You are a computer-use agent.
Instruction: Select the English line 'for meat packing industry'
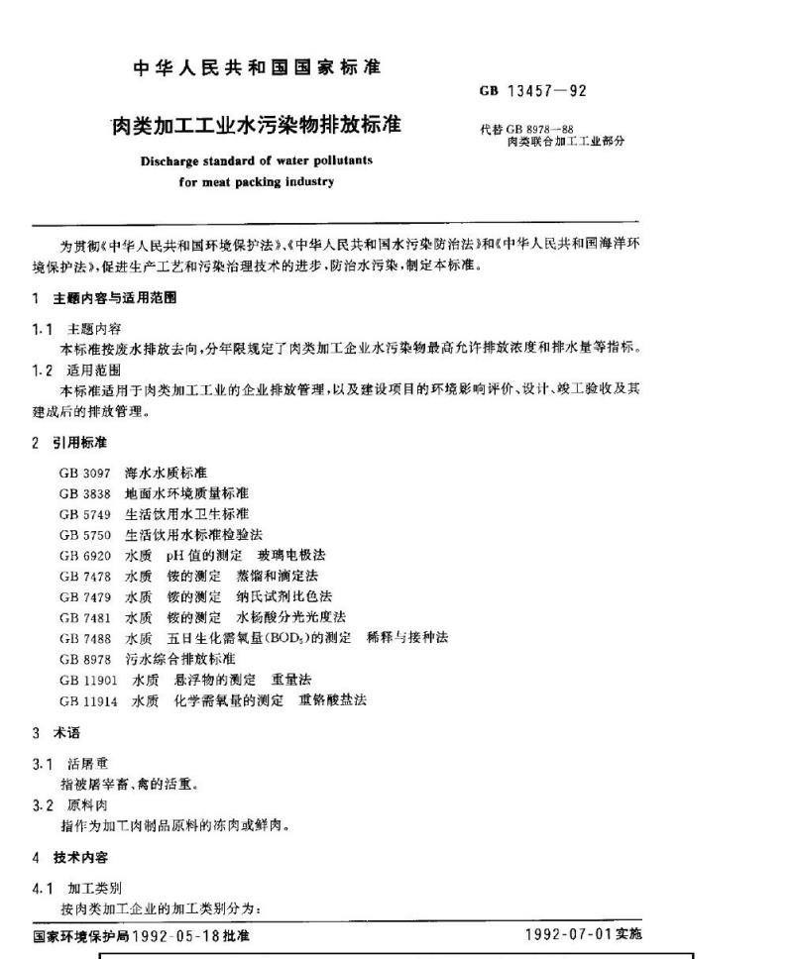pos(256,181)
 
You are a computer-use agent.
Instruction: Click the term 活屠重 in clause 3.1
pos(81,765)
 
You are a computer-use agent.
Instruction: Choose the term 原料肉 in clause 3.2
pos(81,806)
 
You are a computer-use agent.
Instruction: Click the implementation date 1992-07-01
pos(568,934)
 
